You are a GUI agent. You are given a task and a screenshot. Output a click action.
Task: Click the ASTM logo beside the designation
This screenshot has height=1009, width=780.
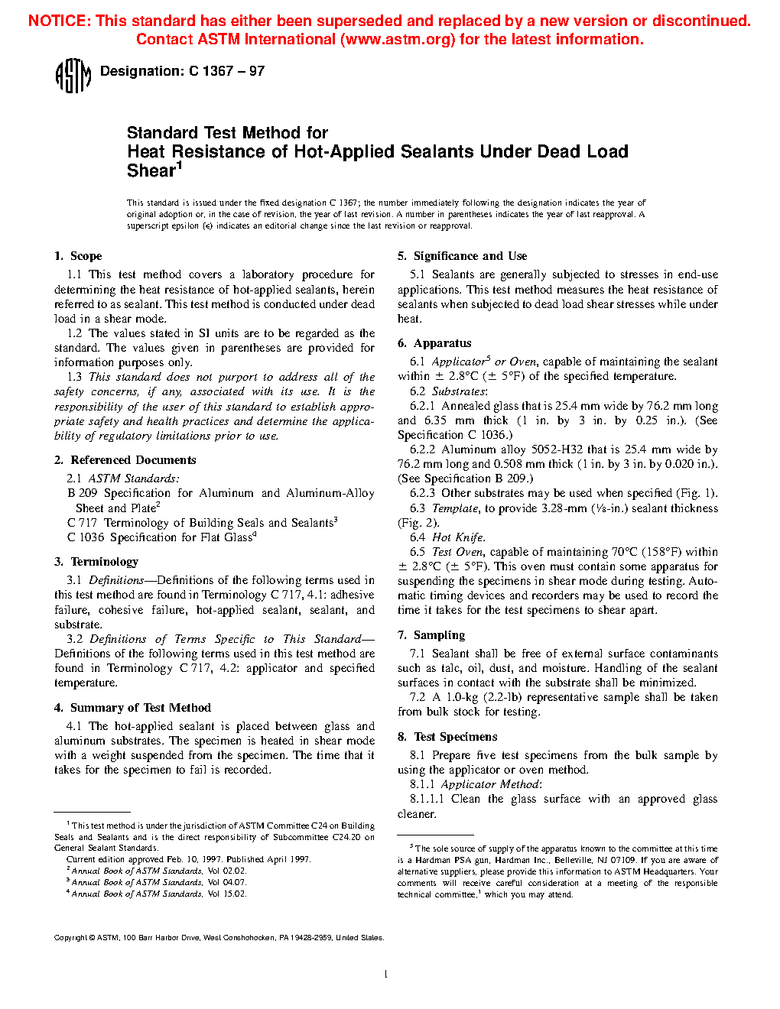click(x=73, y=76)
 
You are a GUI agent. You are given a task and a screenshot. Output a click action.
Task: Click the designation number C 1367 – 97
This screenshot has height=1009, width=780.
click(x=226, y=71)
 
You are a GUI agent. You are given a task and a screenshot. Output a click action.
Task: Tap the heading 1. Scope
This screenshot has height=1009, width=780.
click(x=78, y=256)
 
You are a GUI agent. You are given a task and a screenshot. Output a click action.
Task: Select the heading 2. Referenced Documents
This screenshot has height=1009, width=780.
click(x=125, y=460)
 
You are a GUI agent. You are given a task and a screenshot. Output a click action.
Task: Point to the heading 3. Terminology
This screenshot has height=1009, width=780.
click(x=96, y=562)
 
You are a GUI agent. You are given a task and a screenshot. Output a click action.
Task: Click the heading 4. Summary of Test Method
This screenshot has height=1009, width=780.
click(x=132, y=708)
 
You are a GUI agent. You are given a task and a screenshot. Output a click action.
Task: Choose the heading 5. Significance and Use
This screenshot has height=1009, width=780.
click(x=462, y=256)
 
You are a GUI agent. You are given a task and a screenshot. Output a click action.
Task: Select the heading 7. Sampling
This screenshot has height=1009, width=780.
click(x=431, y=635)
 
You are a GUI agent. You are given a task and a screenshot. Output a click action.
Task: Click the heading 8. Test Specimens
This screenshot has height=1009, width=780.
click(x=447, y=737)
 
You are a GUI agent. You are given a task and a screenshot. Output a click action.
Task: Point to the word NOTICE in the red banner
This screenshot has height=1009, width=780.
click(x=58, y=21)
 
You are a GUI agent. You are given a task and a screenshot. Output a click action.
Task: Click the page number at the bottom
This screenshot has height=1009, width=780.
click(x=386, y=974)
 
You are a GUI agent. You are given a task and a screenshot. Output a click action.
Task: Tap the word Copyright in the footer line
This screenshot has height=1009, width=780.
click(x=70, y=938)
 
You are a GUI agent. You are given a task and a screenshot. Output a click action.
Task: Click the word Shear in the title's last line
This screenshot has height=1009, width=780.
click(x=151, y=171)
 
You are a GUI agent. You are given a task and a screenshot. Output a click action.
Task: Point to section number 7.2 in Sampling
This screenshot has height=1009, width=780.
click(x=418, y=697)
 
